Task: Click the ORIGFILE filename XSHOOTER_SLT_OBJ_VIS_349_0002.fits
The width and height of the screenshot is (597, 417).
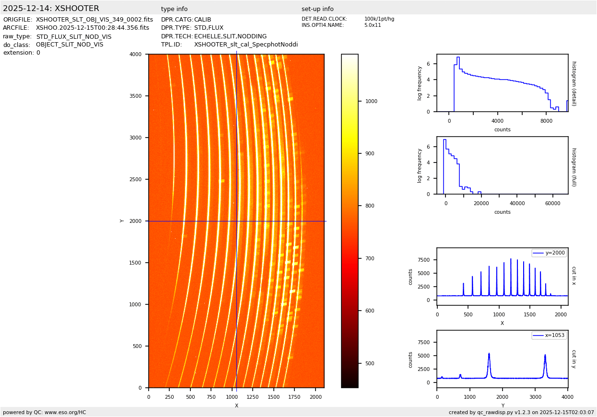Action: tap(94, 20)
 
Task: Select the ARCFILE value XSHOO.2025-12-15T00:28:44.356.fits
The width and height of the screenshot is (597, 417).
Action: tap(93, 28)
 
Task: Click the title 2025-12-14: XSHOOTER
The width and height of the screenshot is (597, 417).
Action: tap(51, 9)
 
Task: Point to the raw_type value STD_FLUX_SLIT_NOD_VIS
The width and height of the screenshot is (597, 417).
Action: tap(73, 36)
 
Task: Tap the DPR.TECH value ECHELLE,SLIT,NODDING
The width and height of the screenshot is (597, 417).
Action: tap(230, 36)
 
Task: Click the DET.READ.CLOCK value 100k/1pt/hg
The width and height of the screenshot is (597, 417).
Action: tap(379, 19)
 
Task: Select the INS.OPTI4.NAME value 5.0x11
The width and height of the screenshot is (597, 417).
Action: tap(372, 25)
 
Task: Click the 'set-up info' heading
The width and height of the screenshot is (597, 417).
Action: tap(317, 9)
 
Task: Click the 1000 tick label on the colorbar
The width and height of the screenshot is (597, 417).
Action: tap(371, 101)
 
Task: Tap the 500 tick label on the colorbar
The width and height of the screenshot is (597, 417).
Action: tap(369, 363)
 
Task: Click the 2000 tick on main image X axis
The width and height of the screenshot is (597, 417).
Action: tap(315, 397)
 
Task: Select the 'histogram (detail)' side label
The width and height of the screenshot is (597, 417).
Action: tap(574, 83)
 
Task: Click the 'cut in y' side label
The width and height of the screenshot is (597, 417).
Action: tap(574, 359)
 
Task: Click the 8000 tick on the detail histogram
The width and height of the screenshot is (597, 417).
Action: tap(546, 121)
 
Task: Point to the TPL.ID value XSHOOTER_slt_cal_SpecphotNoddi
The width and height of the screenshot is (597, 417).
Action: tap(246, 45)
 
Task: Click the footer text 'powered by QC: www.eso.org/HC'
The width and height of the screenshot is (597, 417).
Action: tap(45, 412)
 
